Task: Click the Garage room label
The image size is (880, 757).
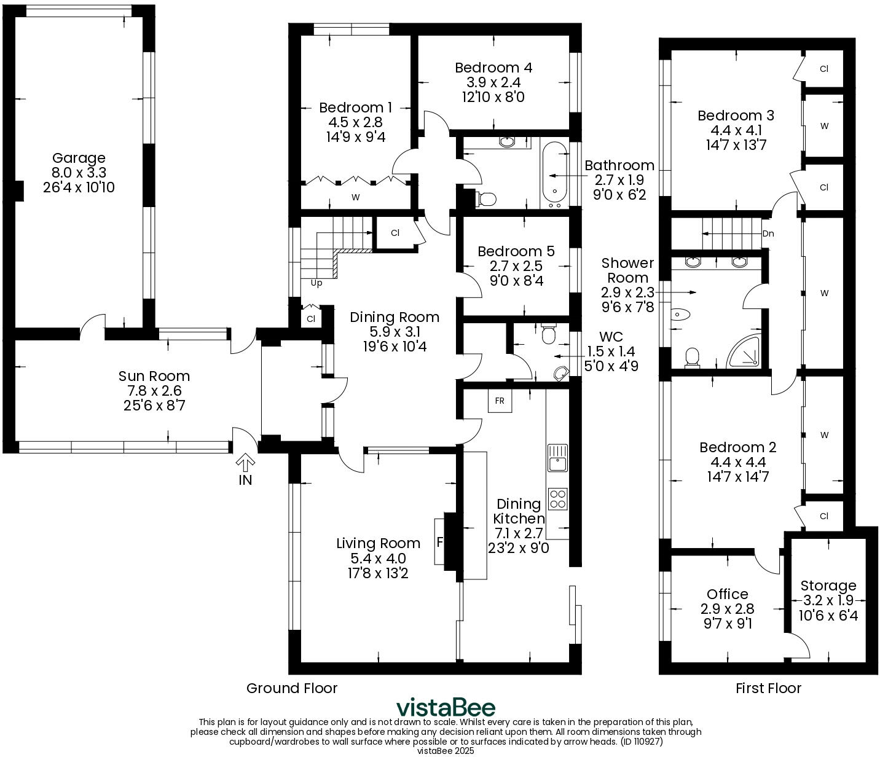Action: (x=79, y=158)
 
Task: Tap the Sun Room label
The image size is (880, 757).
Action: (x=154, y=376)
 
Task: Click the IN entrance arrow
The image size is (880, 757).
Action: (x=245, y=461)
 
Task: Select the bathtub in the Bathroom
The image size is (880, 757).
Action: (x=554, y=175)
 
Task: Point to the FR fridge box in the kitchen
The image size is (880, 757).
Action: (x=500, y=401)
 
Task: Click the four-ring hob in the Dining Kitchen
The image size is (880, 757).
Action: (x=558, y=499)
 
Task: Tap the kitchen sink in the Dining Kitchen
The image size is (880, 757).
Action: (x=558, y=458)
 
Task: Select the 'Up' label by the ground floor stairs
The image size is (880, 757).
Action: (x=316, y=283)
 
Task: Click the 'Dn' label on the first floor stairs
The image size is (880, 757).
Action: (x=768, y=233)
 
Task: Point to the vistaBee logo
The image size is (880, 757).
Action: (x=446, y=707)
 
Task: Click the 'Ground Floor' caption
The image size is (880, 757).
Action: (x=292, y=688)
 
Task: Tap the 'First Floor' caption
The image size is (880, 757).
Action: (x=768, y=688)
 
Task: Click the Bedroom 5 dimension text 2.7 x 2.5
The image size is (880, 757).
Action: (x=516, y=266)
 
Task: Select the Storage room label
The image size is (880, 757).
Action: (x=828, y=586)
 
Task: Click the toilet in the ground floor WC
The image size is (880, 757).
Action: (x=549, y=334)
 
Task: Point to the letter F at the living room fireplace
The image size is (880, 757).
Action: (x=440, y=542)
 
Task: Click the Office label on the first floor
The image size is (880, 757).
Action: (x=728, y=594)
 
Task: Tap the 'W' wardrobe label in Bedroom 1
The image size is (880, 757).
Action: (x=355, y=197)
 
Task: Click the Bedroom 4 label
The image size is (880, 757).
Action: (x=493, y=67)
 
